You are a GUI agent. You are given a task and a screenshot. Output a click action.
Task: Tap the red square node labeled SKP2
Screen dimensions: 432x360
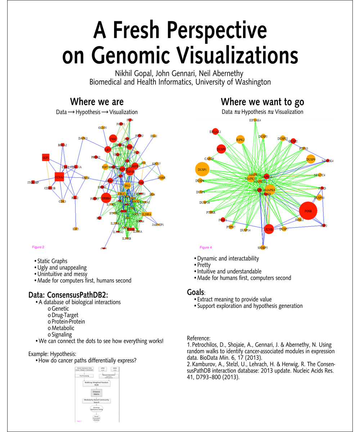(46, 158)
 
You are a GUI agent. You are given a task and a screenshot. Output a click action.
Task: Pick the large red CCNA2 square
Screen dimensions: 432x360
(59, 177)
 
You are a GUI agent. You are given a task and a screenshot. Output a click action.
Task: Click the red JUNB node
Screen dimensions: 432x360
(269, 229)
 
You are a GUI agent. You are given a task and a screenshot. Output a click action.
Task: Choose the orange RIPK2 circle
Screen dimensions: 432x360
(240, 140)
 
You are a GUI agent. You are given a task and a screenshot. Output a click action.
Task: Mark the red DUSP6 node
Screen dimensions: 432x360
(221, 149)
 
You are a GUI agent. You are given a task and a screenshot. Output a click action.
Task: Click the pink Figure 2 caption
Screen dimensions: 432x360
(38, 247)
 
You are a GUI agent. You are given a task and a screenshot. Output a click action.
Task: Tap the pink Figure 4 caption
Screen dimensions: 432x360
(206, 247)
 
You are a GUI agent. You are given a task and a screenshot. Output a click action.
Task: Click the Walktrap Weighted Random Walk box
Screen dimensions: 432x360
(96, 383)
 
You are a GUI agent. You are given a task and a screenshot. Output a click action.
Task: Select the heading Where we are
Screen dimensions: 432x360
(96, 102)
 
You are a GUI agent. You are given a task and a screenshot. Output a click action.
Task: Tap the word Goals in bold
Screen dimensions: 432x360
(195, 292)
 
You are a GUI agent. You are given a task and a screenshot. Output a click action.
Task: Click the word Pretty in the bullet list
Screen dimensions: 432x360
(204, 265)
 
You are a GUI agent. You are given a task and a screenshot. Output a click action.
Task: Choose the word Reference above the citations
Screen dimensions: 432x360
(198, 338)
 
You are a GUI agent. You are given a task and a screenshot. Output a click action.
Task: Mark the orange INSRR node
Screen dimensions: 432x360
(162, 177)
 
